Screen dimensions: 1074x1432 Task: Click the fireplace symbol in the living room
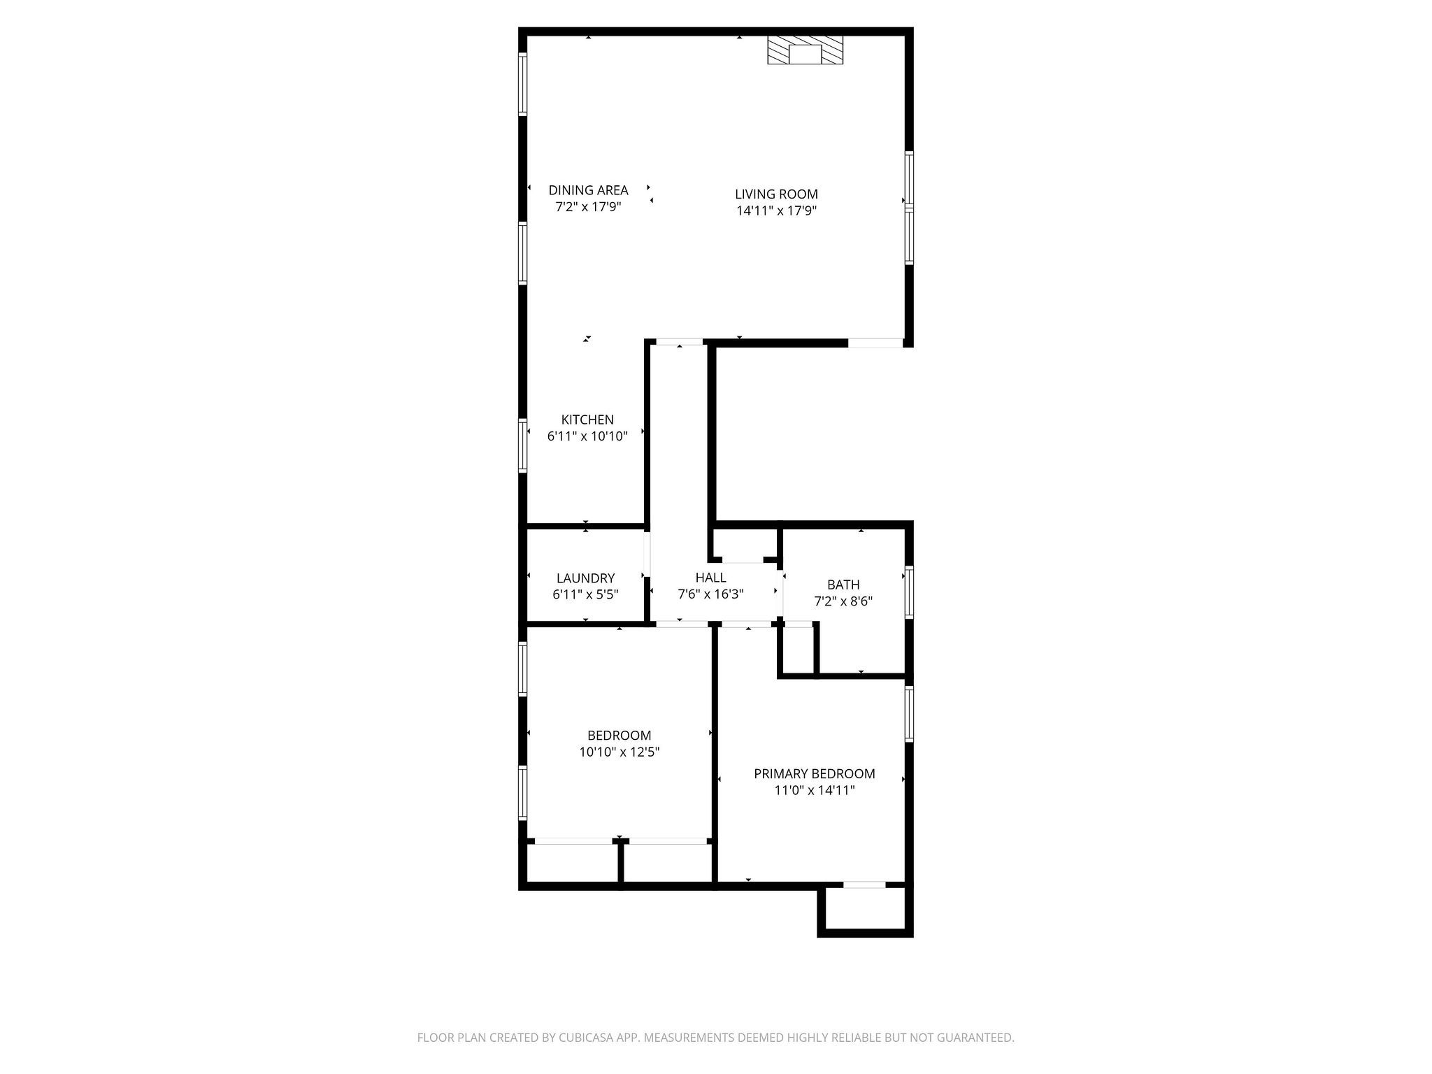pos(805,50)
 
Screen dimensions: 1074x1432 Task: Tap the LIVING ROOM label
pos(776,194)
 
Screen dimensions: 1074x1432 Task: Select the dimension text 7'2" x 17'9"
pos(588,207)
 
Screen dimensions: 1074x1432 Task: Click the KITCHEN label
pos(587,420)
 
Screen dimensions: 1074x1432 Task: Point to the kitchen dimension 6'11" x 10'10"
pos(587,436)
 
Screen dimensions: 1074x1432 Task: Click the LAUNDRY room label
pos(585,578)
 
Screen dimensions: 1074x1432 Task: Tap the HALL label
pos(710,578)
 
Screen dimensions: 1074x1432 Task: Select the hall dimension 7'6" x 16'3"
pos(710,594)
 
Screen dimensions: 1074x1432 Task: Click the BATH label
pos(843,585)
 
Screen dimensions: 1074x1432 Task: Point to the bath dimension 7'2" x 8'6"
pos(843,601)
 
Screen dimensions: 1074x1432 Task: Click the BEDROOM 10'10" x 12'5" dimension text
pos(620,752)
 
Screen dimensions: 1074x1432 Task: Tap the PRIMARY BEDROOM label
pos(814,774)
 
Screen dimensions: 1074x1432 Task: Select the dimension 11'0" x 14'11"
pos(814,791)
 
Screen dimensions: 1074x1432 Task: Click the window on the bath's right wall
pos(909,592)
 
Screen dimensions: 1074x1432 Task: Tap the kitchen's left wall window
pos(522,445)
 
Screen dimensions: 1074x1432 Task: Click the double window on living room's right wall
pos(909,208)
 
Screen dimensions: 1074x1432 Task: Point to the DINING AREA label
pos(588,190)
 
